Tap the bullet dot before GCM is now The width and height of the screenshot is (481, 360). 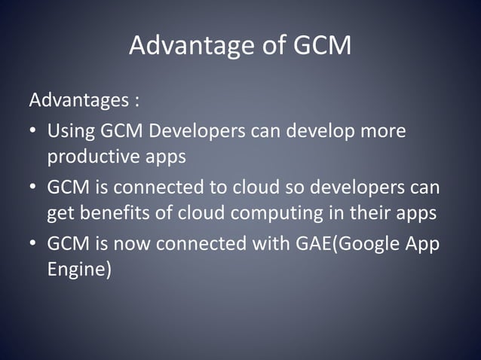[x=34, y=246]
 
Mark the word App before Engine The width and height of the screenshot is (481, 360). [x=422, y=246]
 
